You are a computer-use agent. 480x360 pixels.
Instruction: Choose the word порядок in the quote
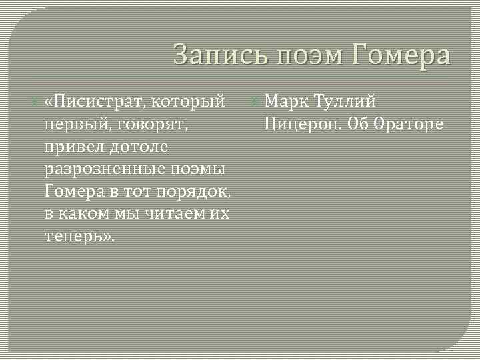pos(193,192)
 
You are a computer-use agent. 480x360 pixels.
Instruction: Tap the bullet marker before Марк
pos(254,102)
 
